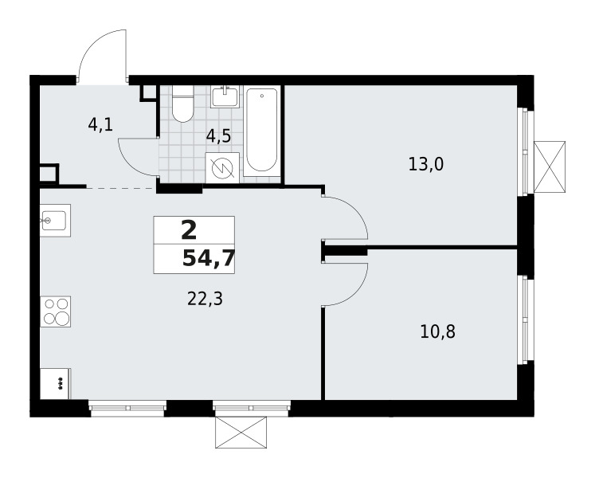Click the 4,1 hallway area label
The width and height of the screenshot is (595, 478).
(100, 124)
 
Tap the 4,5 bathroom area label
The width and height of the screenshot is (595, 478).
(218, 136)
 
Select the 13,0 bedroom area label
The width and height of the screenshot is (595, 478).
(426, 164)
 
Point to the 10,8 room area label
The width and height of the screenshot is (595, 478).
(437, 331)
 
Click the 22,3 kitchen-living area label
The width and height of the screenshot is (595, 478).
(205, 299)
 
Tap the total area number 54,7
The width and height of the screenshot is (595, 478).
(209, 260)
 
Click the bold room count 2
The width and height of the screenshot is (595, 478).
(189, 231)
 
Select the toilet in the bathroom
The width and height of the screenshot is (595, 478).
(182, 104)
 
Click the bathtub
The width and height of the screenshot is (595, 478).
(262, 131)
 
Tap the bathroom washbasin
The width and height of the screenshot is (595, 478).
(225, 97)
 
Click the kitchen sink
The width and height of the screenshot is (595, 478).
(56, 221)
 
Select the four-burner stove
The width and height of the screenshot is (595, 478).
(56, 311)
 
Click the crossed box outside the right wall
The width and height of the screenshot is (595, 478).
(550, 167)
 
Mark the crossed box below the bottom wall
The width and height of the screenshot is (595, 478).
(241, 432)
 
